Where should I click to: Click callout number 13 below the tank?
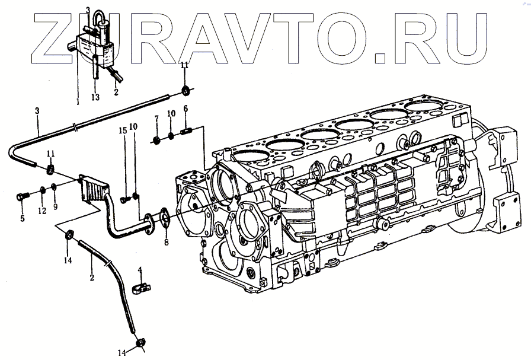point(95,97)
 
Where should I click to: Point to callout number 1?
point(78,101)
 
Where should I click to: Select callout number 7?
point(156,119)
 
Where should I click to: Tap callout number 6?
point(185,109)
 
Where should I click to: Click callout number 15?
point(123,130)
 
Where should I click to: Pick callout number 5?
point(23,219)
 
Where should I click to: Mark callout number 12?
point(42,211)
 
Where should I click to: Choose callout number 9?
point(55,206)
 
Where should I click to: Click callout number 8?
point(167,243)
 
